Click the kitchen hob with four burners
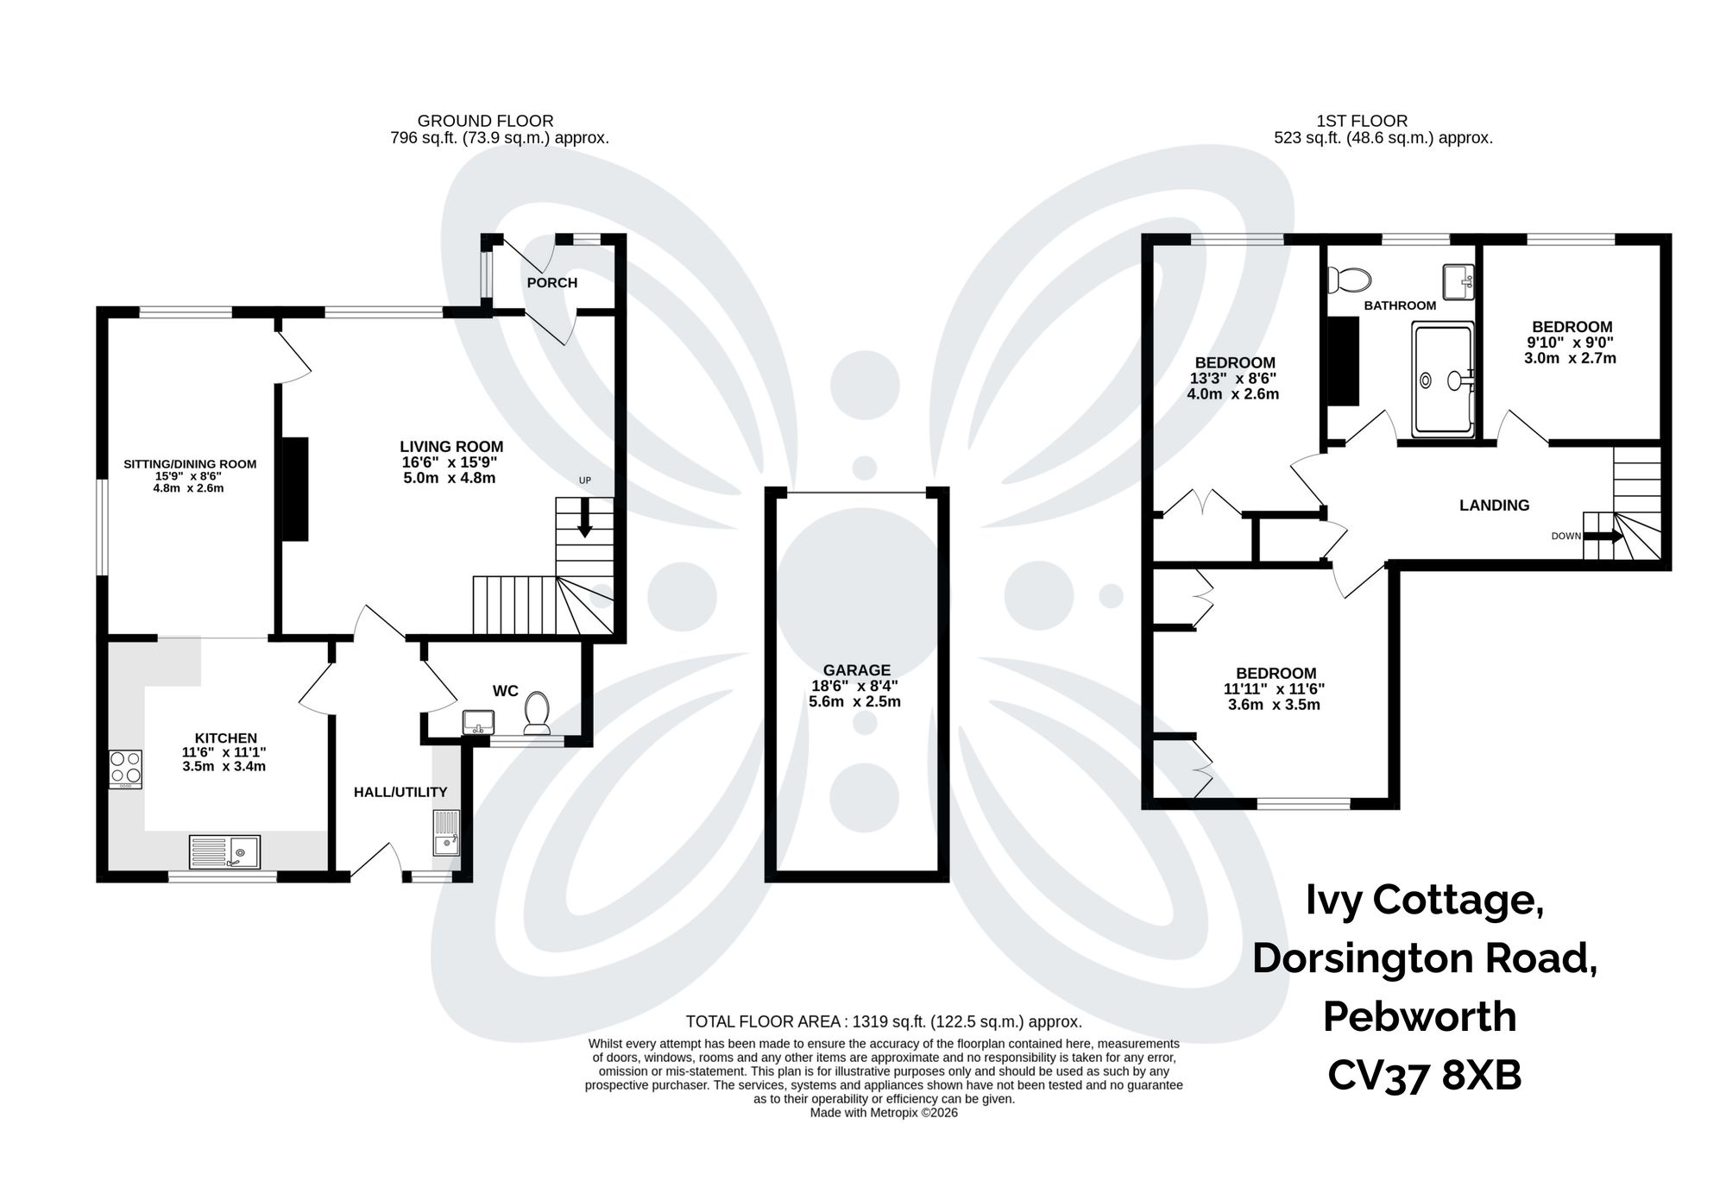pos(126,769)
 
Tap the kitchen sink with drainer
pos(224,851)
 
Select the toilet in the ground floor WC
pos(538,713)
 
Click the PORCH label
pos(552,283)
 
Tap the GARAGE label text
pos(856,670)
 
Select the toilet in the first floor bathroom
pos(1350,279)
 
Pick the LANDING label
pos(1494,506)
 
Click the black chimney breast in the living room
pos(295,489)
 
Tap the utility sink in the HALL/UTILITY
pos(446,832)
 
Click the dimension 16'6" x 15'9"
pos(450,462)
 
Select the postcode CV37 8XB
pos(1424,1075)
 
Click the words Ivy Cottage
pos(1424,899)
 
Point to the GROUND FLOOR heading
pos(485,121)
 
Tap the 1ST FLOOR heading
pos(1362,121)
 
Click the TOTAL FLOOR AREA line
pos(883,1021)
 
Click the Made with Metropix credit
pos(883,1113)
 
